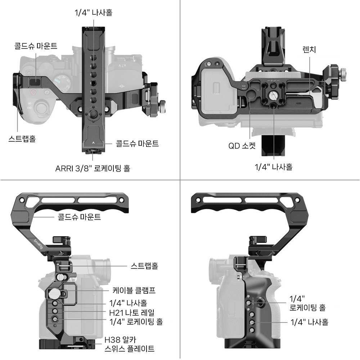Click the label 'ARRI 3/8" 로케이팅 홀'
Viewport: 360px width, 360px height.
[93, 168]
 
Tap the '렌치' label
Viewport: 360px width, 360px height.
[309, 49]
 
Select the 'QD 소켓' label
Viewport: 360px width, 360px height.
[242, 145]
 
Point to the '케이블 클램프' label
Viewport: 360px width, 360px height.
[134, 291]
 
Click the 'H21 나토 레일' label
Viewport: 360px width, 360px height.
[132, 312]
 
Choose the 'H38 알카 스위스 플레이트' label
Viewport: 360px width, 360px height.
[130, 344]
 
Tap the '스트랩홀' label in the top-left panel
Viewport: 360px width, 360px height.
[22, 139]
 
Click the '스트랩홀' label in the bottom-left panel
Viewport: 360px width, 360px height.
[144, 266]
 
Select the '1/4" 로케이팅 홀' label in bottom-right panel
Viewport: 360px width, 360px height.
[307, 303]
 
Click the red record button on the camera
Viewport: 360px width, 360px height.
[34, 93]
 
